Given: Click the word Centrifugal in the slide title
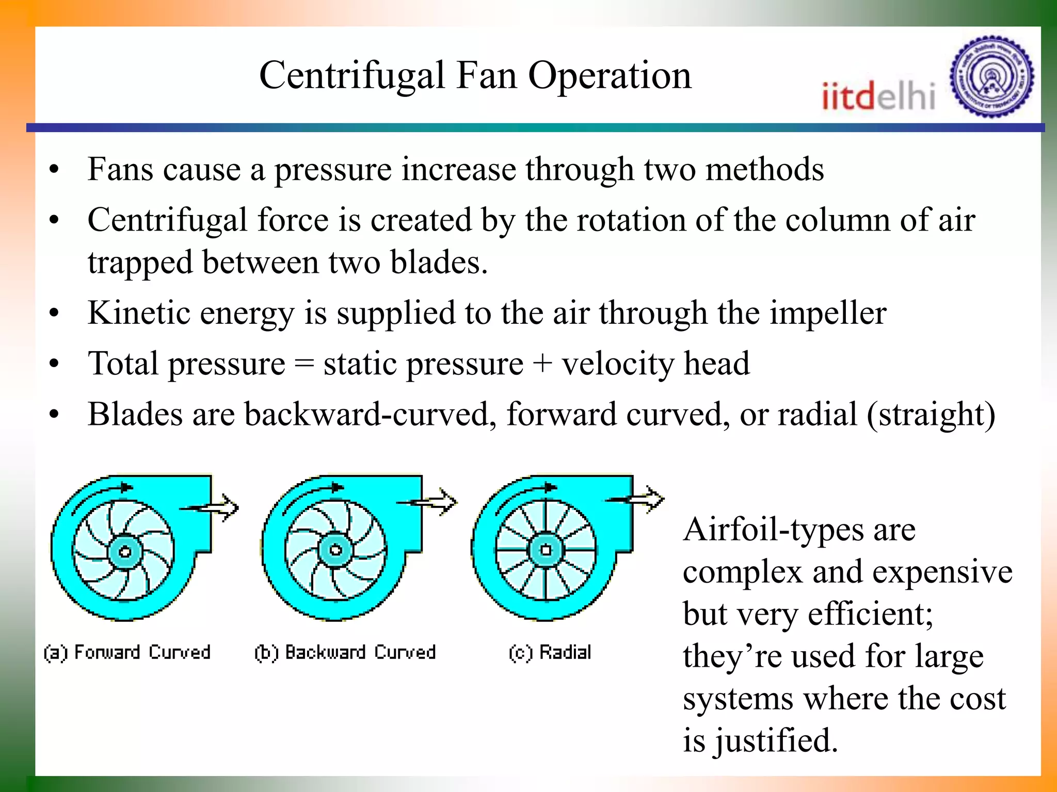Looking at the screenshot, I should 351,76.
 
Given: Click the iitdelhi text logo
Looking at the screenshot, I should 878,96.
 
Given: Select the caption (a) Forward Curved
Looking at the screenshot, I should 127,652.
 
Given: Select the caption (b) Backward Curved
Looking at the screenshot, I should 345,652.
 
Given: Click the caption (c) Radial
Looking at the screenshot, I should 550,652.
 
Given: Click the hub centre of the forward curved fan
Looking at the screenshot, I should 124,552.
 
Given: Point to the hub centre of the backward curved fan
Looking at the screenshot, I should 335,550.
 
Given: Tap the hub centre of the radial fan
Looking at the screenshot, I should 546,550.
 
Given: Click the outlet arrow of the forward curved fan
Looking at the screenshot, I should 217,507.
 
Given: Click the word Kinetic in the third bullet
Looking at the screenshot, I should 139,313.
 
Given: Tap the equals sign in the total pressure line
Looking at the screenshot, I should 304,364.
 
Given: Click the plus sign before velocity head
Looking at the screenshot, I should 542,364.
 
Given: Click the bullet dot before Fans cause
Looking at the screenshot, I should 54,170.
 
